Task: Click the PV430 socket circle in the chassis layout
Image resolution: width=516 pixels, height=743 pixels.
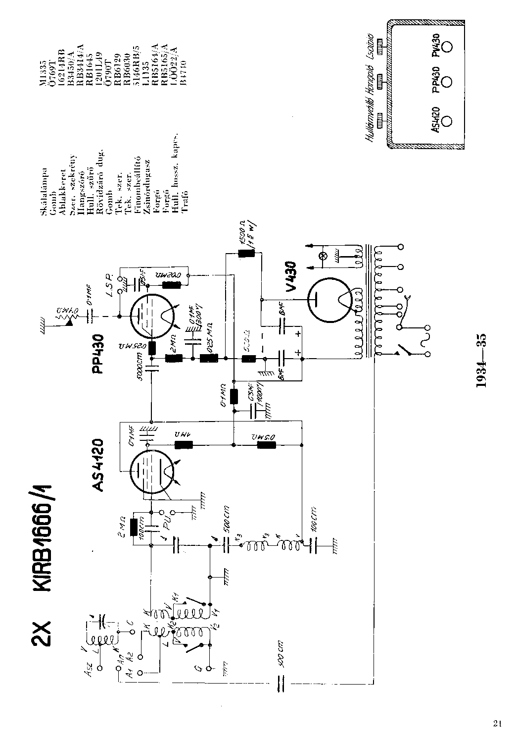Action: [447, 46]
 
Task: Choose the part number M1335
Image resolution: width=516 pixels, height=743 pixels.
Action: [44, 59]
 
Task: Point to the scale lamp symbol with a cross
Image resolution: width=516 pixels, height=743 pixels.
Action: [324, 256]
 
